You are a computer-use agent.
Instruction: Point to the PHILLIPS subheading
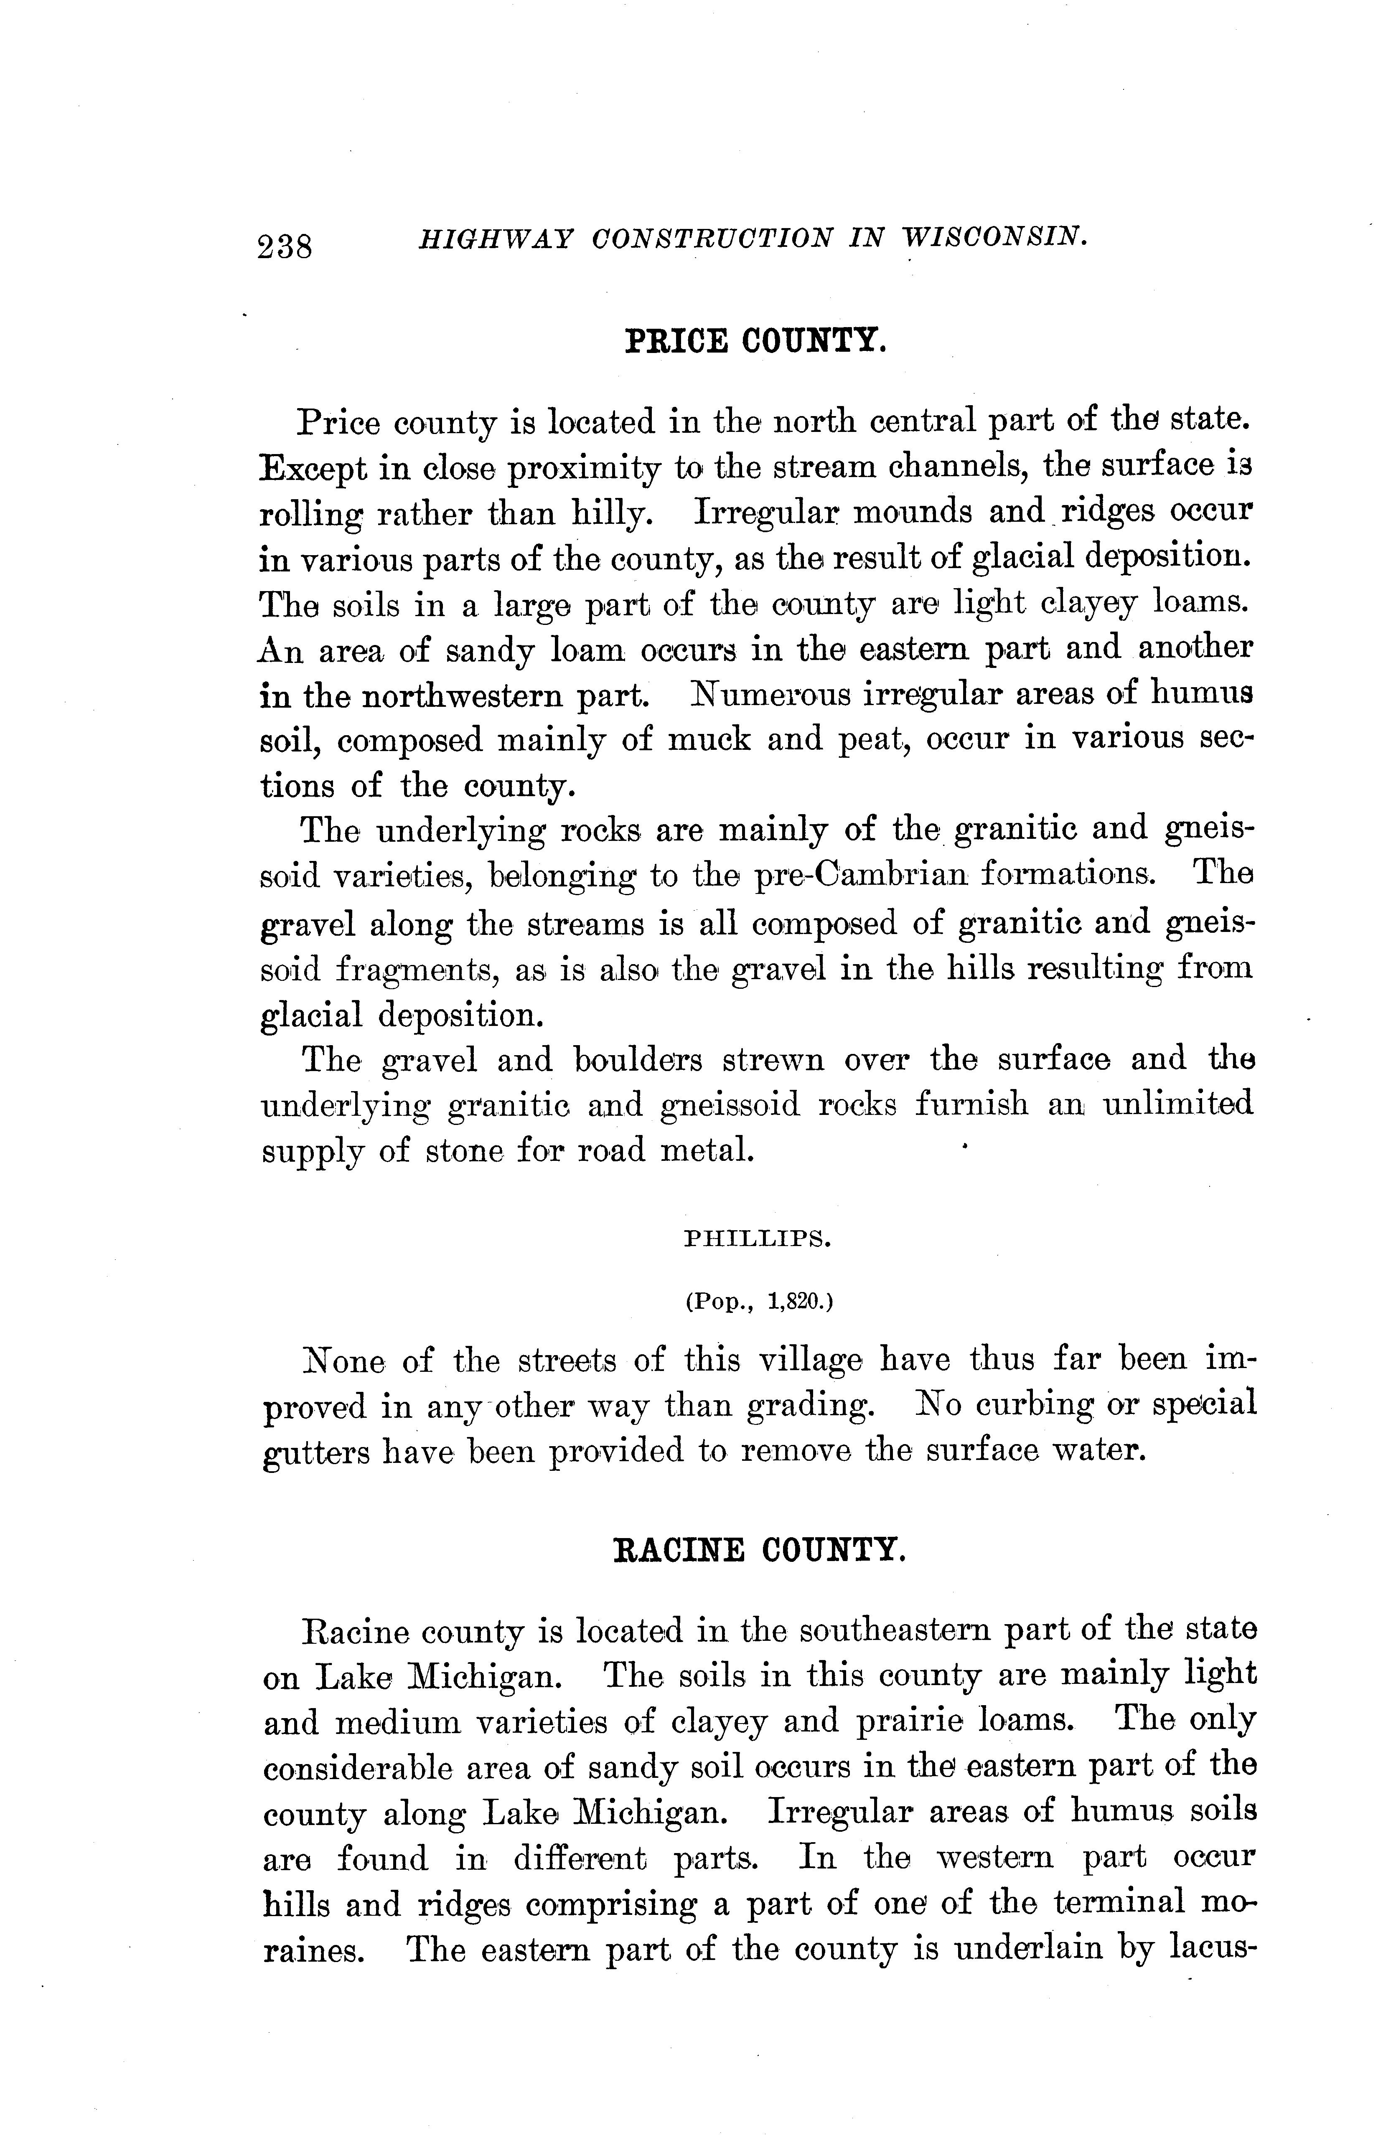click(758, 1240)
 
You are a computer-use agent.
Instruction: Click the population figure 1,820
click(797, 1302)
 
